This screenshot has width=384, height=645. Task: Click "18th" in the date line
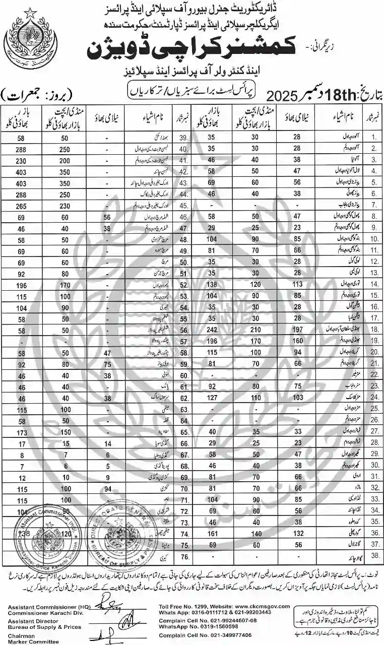(318, 95)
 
